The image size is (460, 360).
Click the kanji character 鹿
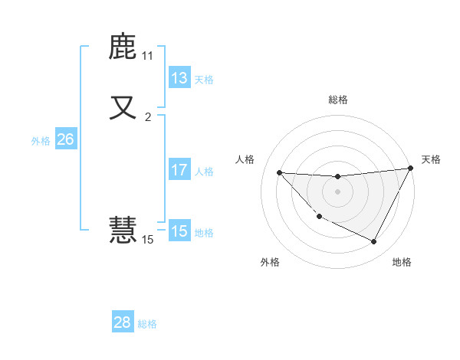tap(123, 47)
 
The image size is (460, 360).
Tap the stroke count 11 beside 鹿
tap(147, 56)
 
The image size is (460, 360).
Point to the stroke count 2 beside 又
tap(148, 116)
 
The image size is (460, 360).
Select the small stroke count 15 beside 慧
tap(147, 240)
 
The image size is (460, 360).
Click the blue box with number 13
tap(179, 78)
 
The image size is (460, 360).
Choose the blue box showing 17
tap(179, 170)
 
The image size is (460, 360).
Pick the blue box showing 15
tap(179, 231)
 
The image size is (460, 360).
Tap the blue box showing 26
tap(65, 139)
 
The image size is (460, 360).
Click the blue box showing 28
tap(123, 322)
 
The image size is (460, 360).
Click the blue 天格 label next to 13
tap(204, 80)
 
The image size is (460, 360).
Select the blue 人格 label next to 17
tap(204, 172)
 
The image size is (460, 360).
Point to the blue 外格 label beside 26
tap(41, 141)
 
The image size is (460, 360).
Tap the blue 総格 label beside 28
tap(147, 324)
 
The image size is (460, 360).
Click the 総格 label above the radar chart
tap(337, 100)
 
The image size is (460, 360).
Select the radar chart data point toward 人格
tap(279, 172)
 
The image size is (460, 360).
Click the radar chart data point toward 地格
tap(374, 242)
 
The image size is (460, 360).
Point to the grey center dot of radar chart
tap(337, 191)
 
